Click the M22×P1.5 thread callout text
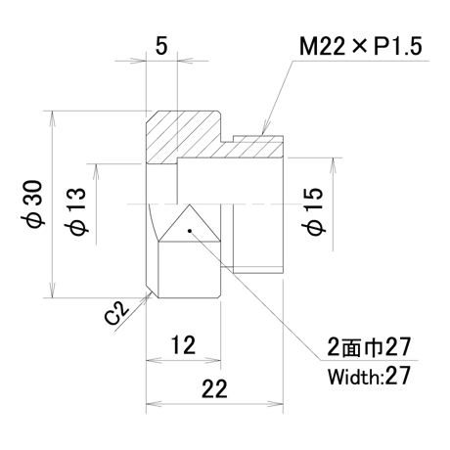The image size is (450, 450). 361,46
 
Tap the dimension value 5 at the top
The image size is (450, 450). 161,45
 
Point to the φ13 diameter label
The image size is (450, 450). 78,211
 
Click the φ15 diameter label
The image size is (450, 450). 314,211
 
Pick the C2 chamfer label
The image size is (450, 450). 116,313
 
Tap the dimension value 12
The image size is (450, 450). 184,345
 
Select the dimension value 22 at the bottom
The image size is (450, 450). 214,388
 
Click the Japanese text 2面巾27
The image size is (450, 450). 369,347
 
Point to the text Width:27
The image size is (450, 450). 369,376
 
